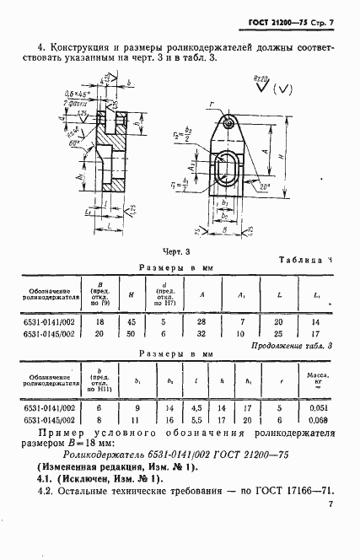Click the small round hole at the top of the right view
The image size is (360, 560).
[x=228, y=125]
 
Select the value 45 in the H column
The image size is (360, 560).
[x=130, y=321]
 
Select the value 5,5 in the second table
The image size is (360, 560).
[x=196, y=419]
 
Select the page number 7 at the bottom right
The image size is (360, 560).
[x=331, y=503]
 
